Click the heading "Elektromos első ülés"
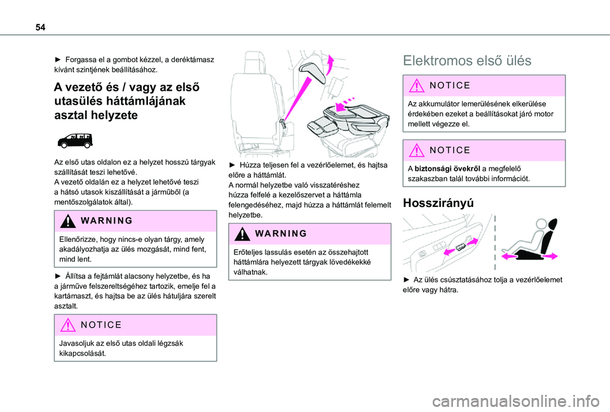pos(468,61)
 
